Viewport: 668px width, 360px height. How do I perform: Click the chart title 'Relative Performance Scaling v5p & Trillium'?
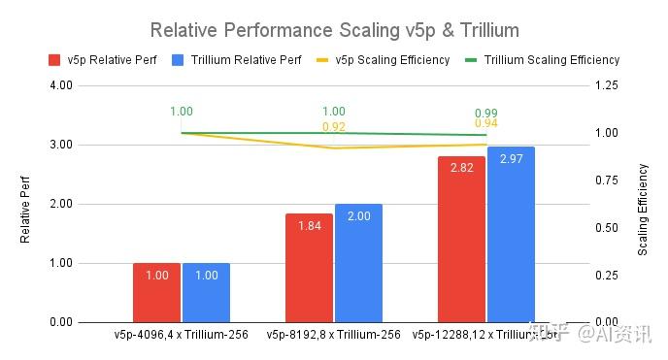(333, 29)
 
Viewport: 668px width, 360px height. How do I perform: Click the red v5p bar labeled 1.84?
(310, 268)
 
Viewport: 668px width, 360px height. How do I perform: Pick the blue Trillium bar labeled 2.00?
(358, 263)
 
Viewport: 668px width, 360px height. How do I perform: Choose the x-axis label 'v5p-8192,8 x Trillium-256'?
(333, 335)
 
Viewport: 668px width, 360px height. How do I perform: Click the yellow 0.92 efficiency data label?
(334, 126)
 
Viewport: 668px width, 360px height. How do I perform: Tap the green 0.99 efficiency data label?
(486, 113)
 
